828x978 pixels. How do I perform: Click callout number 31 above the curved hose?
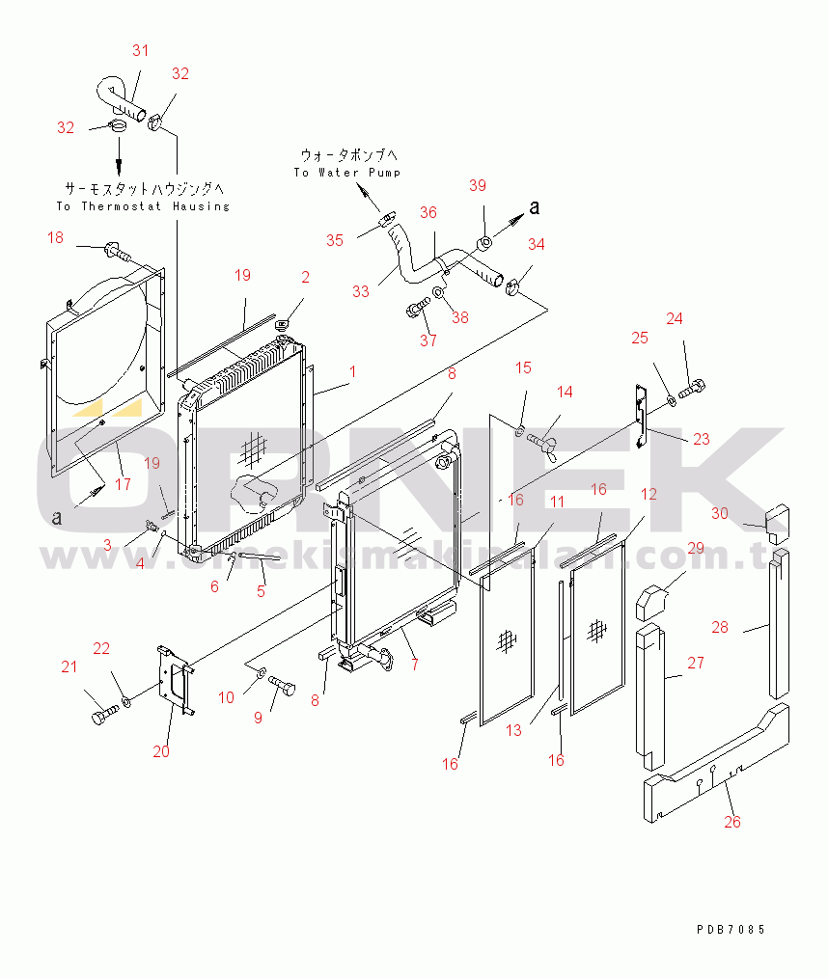point(141,50)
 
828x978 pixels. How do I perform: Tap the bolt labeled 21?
point(102,717)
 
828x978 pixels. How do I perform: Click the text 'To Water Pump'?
point(347,173)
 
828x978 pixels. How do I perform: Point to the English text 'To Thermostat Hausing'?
point(143,206)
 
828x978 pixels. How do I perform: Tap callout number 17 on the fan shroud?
point(124,484)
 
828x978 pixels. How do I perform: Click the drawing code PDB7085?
point(730,930)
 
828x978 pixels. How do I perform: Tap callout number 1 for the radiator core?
point(353,371)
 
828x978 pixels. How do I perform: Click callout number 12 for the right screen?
point(649,494)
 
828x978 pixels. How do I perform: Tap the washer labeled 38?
point(439,292)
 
